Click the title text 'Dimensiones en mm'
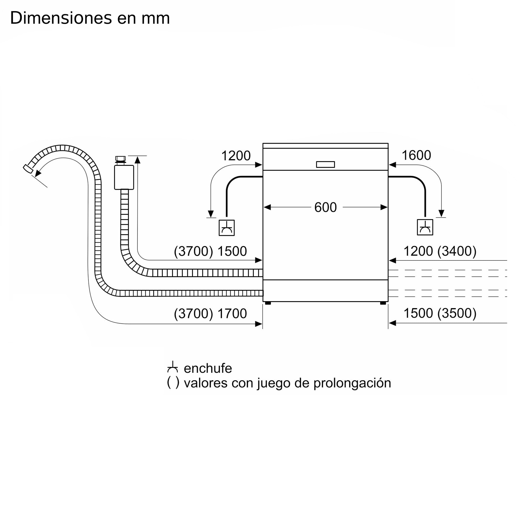90,18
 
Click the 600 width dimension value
325,207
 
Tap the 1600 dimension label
416,155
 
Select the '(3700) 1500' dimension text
210,251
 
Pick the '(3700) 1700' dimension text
210,313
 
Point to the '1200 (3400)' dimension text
440,251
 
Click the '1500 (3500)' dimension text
440,313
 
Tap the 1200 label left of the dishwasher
236,156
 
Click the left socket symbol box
227,228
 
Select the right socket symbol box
425,227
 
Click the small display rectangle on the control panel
325,164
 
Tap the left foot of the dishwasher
268,303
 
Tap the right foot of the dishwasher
383,303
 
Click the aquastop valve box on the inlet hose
124,177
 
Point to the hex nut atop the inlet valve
120,159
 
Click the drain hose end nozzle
28,169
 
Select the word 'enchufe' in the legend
208,369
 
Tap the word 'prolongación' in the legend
352,383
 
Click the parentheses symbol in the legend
173,382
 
